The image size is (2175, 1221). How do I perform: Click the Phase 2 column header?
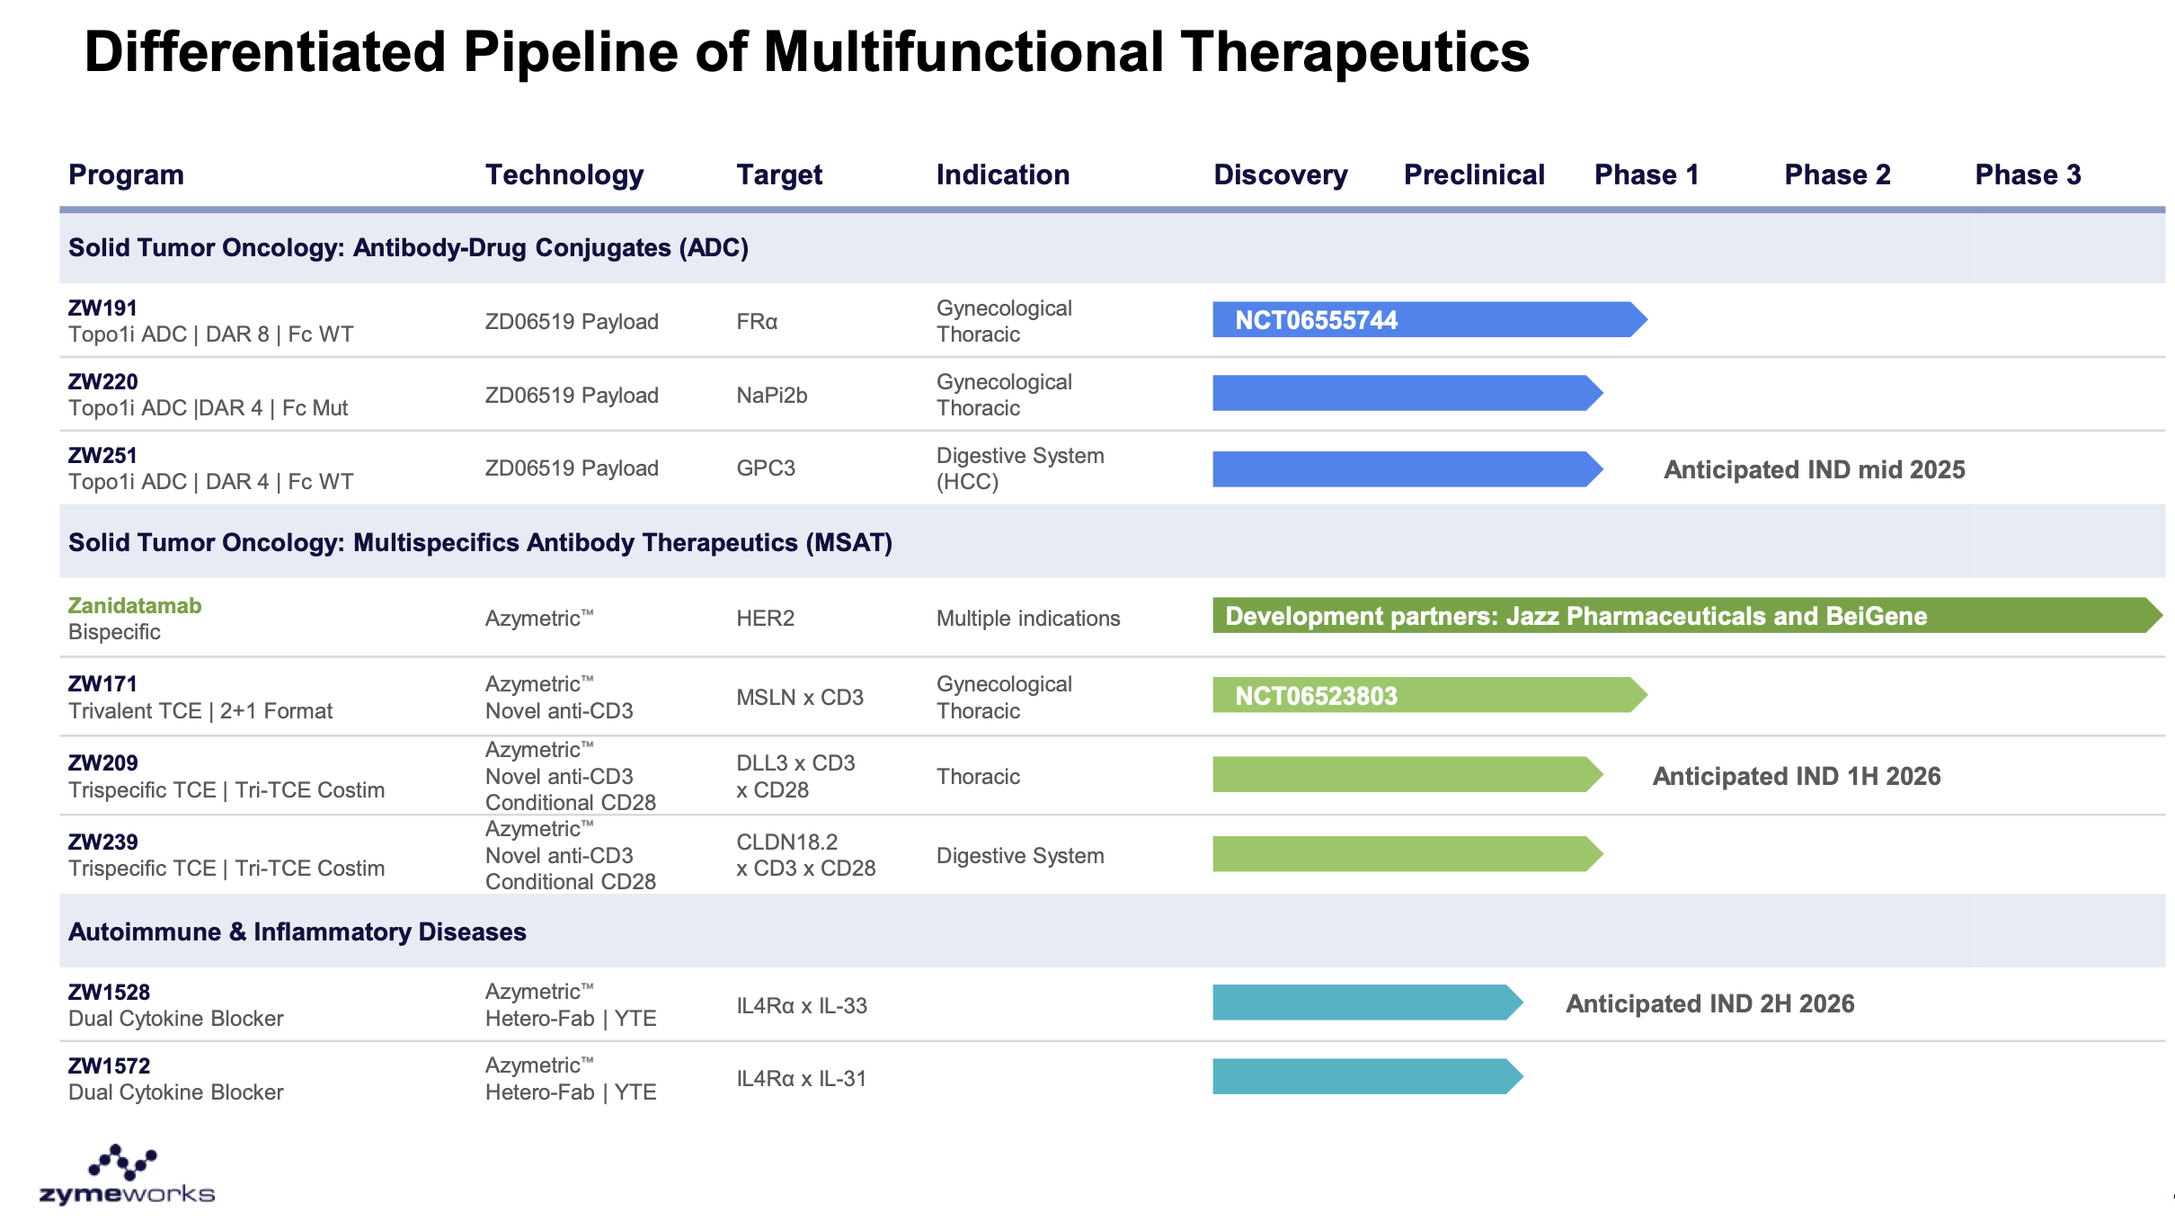click(x=1837, y=174)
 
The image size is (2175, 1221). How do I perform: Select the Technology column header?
click(x=564, y=174)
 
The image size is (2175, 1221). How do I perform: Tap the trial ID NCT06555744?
click(x=1316, y=320)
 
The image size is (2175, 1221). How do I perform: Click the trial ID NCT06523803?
click(x=1316, y=696)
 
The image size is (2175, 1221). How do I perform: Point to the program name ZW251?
click(x=102, y=456)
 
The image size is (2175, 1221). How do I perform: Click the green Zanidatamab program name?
click(x=135, y=606)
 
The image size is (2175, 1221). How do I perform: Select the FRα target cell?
click(x=757, y=322)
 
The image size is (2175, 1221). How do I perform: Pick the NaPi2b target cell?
click(x=771, y=396)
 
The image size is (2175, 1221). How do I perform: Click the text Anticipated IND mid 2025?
click(x=1814, y=469)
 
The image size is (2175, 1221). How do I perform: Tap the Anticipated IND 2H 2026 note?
click(x=1709, y=1003)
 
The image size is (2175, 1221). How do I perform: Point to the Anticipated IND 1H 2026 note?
click(x=1796, y=776)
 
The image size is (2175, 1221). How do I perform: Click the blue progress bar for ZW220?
click(x=1402, y=394)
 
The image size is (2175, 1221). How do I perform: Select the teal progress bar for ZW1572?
click(x=1362, y=1076)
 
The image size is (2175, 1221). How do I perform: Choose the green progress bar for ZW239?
click(x=1402, y=854)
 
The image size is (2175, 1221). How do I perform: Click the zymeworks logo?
click(x=127, y=1176)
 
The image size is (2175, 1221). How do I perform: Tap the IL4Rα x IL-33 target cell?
click(x=802, y=1005)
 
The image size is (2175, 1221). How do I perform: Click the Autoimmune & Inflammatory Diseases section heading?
click(x=297, y=931)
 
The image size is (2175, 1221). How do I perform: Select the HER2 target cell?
click(x=765, y=619)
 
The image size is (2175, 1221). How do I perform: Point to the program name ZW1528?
click(x=109, y=993)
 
